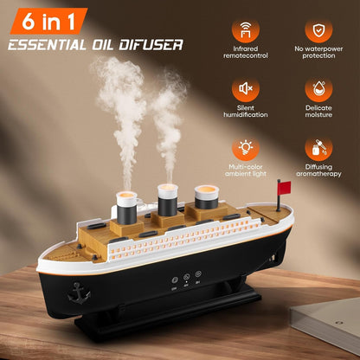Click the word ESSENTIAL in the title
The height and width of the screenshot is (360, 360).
[x=53, y=43]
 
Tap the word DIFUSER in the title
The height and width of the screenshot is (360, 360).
[x=153, y=43]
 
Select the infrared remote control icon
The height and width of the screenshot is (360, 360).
[x=247, y=31]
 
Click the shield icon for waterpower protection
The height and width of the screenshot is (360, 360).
[x=318, y=31]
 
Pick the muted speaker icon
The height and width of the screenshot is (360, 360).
[x=247, y=88]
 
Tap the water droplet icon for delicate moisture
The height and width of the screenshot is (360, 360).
[x=318, y=88]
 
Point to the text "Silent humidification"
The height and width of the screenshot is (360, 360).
[x=247, y=110]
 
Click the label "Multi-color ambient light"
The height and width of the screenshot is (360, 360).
[x=247, y=167]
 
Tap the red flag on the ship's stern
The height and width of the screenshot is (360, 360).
[x=284, y=185]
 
